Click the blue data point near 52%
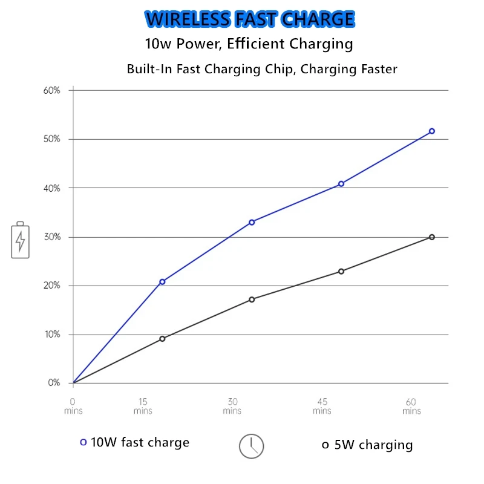[x=432, y=131]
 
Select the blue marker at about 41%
[x=341, y=183]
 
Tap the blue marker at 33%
[x=252, y=222]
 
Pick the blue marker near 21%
[x=162, y=282]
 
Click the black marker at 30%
[x=432, y=237]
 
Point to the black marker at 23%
[x=341, y=271]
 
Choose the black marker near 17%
[x=252, y=299]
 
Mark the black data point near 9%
[x=162, y=339]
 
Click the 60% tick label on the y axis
[x=51, y=91]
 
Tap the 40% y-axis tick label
[x=51, y=188]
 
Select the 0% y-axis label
[x=54, y=383]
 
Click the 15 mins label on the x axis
[x=143, y=406]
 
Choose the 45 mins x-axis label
[x=322, y=406]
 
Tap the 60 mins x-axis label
[x=411, y=406]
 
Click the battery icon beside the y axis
[x=20, y=240]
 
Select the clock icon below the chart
[x=252, y=446]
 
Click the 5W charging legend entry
[x=367, y=445]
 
